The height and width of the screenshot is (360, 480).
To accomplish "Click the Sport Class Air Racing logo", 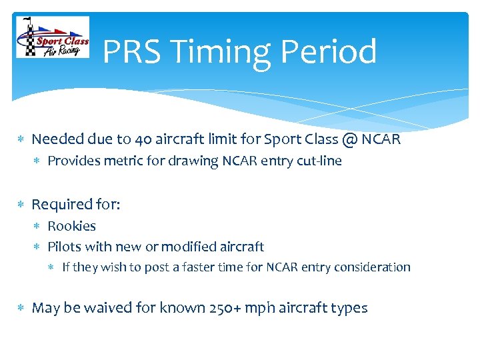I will point(53,38).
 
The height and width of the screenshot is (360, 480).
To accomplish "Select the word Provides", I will point(73,161).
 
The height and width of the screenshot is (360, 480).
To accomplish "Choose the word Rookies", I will point(71,226).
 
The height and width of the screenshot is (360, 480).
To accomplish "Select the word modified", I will point(184,247).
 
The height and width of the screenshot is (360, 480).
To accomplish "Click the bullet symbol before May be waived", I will point(21,309).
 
